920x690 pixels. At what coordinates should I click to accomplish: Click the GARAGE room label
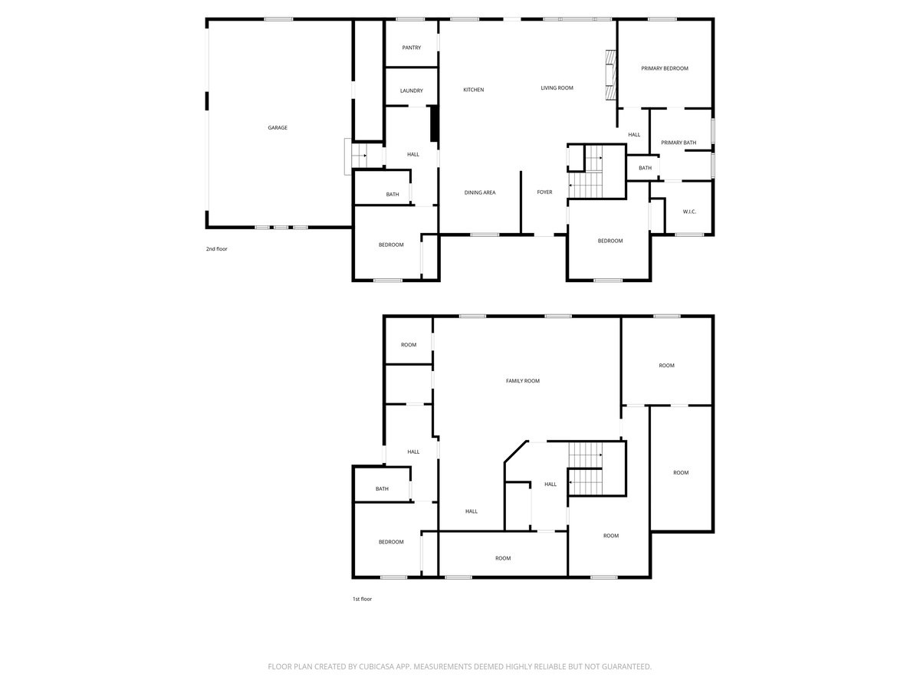pyautogui.click(x=278, y=128)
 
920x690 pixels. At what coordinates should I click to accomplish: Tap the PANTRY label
pyautogui.click(x=412, y=48)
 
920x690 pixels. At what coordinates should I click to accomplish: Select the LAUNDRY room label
pyautogui.click(x=412, y=90)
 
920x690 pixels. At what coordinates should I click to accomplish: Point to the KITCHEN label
pyautogui.click(x=474, y=90)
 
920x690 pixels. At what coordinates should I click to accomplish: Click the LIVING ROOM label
pyautogui.click(x=557, y=88)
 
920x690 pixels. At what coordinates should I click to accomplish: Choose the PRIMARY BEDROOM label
pyautogui.click(x=665, y=68)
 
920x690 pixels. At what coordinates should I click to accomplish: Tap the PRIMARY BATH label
pyautogui.click(x=678, y=143)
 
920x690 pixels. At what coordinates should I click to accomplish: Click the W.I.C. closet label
pyautogui.click(x=689, y=212)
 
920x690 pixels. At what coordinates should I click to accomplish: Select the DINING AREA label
pyautogui.click(x=480, y=192)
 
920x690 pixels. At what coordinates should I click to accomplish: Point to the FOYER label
pyautogui.click(x=544, y=192)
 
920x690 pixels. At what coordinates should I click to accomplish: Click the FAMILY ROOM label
pyautogui.click(x=523, y=381)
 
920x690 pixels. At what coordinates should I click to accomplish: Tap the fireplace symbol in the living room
pyautogui.click(x=611, y=75)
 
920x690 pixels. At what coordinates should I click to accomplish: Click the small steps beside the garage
pyautogui.click(x=360, y=155)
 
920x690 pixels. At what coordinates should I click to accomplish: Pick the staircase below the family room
pyautogui.click(x=586, y=468)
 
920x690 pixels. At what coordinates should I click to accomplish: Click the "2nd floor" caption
pyautogui.click(x=216, y=249)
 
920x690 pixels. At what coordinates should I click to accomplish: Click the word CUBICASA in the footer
pyautogui.click(x=377, y=667)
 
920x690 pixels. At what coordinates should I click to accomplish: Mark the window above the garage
pyautogui.click(x=278, y=19)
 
